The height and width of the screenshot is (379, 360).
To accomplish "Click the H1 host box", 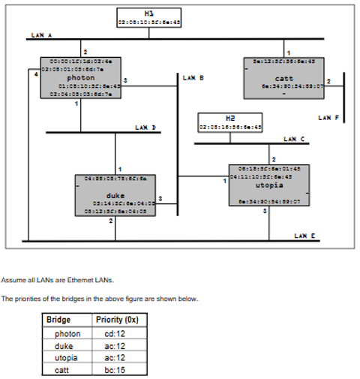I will point(149,18).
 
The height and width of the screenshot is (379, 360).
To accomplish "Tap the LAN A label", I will point(41,35).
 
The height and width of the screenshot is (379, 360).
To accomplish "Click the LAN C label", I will point(294,139).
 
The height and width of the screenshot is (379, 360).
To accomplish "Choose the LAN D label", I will point(145,128).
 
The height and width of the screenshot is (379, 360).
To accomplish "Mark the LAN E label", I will point(305,236).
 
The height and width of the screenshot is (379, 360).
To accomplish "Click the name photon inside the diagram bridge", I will point(81,77).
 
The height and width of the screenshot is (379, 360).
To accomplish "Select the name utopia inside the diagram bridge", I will point(269,184).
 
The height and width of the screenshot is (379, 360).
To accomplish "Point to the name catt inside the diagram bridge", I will point(283,78).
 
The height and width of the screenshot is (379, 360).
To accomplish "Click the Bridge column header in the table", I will point(58,320).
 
